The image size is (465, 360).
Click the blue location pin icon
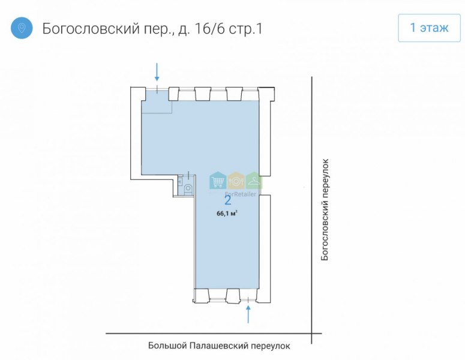coord(22,28)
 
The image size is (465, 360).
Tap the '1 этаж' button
coord(429,28)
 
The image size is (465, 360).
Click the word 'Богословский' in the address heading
coord(91,29)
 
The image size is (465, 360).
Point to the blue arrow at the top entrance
coord(157,72)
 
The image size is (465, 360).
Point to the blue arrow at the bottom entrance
coord(248,314)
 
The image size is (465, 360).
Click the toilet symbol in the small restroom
coord(188,190)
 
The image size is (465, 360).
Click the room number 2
coord(228,200)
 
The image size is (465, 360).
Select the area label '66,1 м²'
coord(227,214)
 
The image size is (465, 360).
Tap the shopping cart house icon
coord(218,181)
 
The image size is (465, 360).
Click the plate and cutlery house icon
coord(236,181)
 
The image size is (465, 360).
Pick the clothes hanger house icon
coord(254,181)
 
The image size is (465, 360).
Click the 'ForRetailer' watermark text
coord(241,194)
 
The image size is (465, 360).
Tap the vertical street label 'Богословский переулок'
coord(325,210)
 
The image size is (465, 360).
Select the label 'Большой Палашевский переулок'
coord(219,346)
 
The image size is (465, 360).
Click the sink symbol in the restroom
coord(180,181)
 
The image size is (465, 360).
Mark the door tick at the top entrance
coord(157,88)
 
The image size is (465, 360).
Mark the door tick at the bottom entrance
coord(248,299)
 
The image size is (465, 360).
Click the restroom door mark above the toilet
coord(188,175)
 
